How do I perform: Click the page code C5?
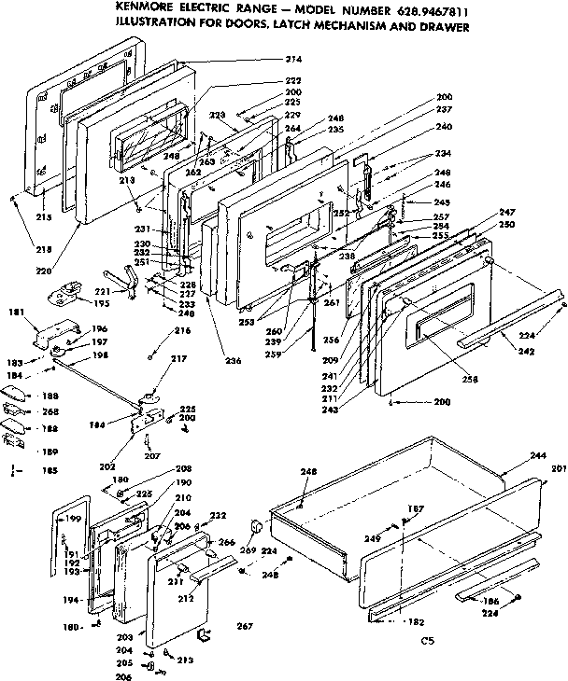(x=428, y=641)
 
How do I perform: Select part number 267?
(x=245, y=625)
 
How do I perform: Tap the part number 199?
(x=75, y=518)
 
